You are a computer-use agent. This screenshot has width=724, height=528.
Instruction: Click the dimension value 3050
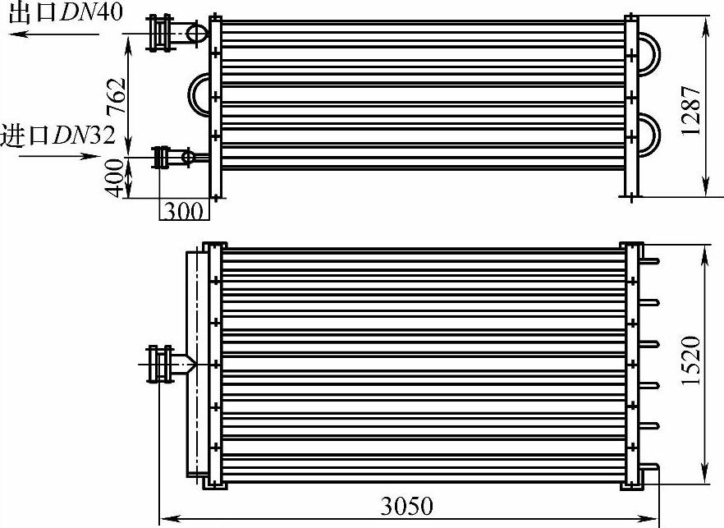(407, 506)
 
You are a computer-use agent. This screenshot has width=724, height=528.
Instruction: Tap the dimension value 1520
(691, 360)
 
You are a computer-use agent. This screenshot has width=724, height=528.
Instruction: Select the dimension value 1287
(691, 110)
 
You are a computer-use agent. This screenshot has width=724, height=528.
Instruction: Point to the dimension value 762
(116, 96)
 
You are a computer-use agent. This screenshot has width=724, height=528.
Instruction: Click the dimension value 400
(115, 178)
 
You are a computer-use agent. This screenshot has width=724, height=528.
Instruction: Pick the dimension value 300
(183, 212)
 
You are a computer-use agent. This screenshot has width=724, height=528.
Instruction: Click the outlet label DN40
(91, 11)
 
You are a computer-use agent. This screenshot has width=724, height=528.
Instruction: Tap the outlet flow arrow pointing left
(54, 34)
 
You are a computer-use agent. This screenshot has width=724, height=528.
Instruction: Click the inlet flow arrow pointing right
(60, 156)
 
